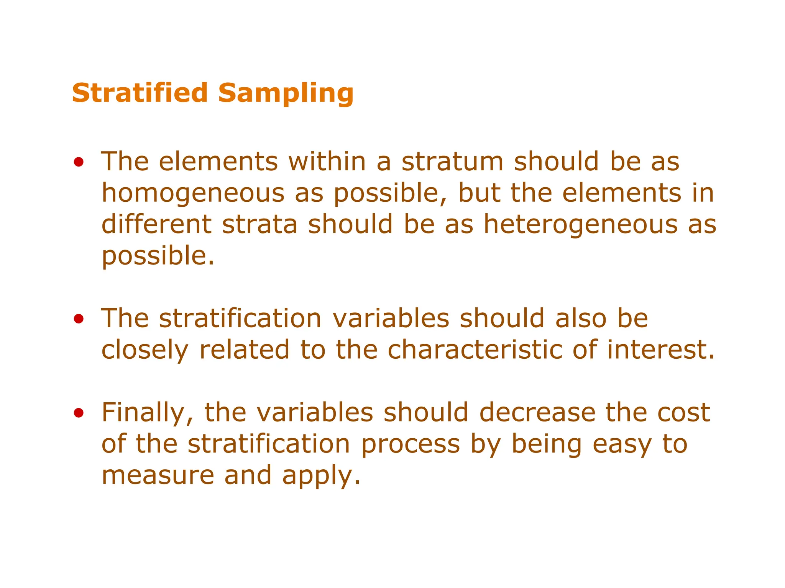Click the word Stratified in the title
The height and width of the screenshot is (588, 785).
(140, 93)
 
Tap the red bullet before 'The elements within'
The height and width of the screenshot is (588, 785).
(79, 162)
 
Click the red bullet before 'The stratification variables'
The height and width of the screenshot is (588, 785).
(79, 319)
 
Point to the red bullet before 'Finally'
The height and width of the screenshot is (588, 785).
(79, 413)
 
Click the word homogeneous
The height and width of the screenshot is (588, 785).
(193, 193)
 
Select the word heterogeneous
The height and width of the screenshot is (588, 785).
(580, 225)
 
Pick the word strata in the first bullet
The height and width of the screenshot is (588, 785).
(259, 225)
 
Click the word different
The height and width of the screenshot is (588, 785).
(156, 225)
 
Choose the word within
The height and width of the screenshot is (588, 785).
(327, 162)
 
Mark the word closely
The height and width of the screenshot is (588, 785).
(145, 350)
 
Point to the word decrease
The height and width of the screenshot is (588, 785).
(537, 413)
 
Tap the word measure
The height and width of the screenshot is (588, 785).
(158, 475)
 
